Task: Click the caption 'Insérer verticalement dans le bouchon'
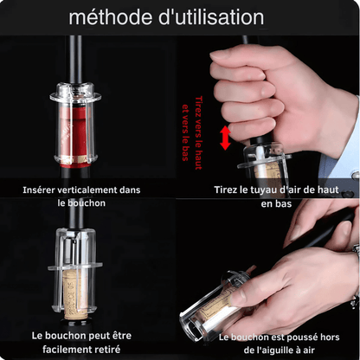[x=81, y=196]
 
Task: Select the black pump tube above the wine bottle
[x=80, y=56]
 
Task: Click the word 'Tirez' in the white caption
[x=230, y=190]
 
